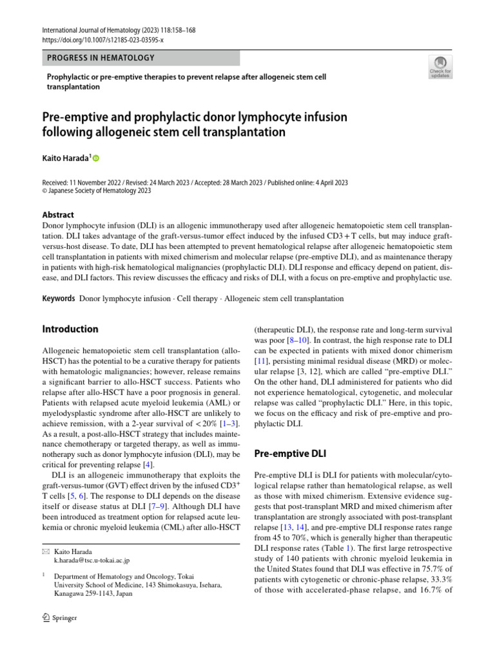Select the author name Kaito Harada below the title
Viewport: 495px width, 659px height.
(x=67, y=158)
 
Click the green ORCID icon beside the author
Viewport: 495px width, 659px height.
(x=98, y=158)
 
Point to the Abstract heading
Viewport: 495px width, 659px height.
(x=58, y=215)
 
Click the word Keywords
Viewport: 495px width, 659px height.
(x=59, y=299)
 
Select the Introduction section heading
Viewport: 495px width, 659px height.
(x=70, y=329)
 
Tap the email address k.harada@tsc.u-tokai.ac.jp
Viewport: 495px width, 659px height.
(x=92, y=561)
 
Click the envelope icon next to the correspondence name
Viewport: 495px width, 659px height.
(x=46, y=552)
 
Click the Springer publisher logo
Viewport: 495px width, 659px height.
(x=59, y=618)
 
